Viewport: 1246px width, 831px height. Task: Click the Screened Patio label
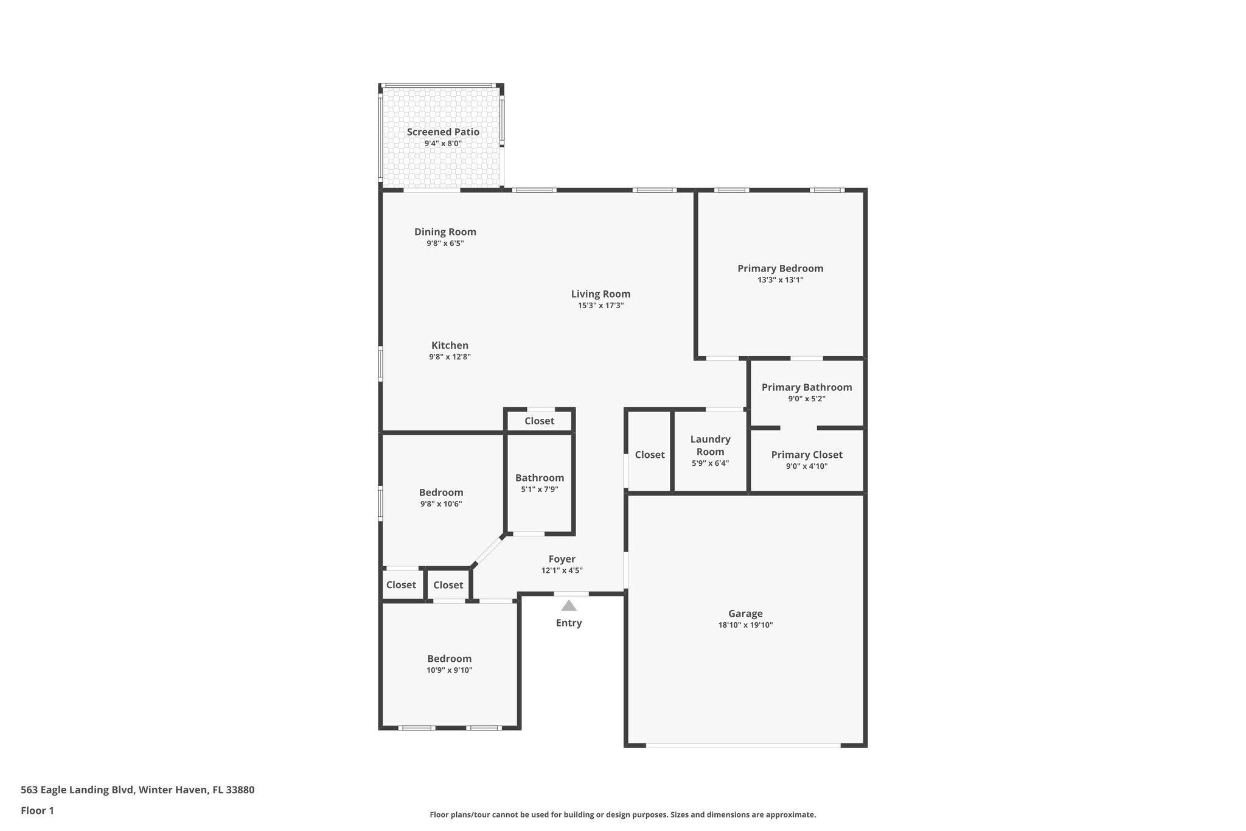[443, 132]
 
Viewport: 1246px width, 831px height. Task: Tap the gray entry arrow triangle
[569, 605]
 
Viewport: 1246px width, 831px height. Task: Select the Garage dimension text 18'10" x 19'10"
[745, 625]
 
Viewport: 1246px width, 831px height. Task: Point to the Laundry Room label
[710, 445]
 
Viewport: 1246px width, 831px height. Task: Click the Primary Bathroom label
[806, 387]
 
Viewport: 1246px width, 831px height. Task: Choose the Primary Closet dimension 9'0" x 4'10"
[806, 466]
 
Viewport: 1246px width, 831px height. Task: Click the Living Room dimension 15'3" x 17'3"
[600, 306]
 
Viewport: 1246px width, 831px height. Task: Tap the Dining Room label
[445, 232]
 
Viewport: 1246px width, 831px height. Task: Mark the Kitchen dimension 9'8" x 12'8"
[450, 357]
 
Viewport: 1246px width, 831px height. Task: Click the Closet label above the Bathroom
[539, 421]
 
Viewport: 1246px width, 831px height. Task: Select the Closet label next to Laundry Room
[649, 455]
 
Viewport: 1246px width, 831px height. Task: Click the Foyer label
[562, 559]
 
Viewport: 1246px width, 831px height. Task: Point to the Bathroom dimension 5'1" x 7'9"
[539, 489]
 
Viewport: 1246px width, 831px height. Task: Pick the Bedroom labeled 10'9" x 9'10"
[449, 659]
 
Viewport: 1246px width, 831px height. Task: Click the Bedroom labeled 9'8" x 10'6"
[441, 493]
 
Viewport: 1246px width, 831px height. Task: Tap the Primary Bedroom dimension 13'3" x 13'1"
[780, 280]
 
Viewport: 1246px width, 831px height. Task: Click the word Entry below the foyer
[569, 623]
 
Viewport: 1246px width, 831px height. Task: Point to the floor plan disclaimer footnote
[622, 815]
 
